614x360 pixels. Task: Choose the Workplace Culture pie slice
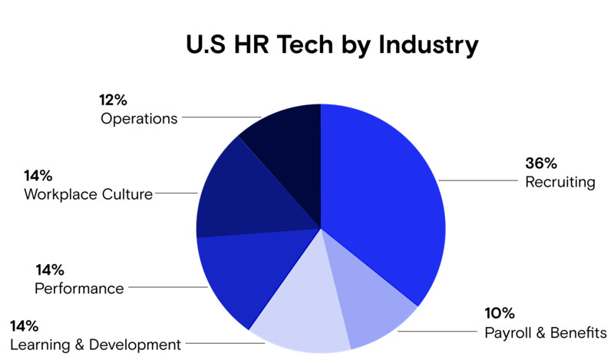point(242,192)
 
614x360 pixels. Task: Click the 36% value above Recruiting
point(540,163)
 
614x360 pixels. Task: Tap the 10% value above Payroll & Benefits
point(500,314)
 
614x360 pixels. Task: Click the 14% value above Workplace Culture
point(39,175)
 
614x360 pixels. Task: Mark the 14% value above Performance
point(50,269)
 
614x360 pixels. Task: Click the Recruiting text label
point(560,183)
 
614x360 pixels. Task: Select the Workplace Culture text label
point(87,194)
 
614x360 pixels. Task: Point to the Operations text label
point(139,119)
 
